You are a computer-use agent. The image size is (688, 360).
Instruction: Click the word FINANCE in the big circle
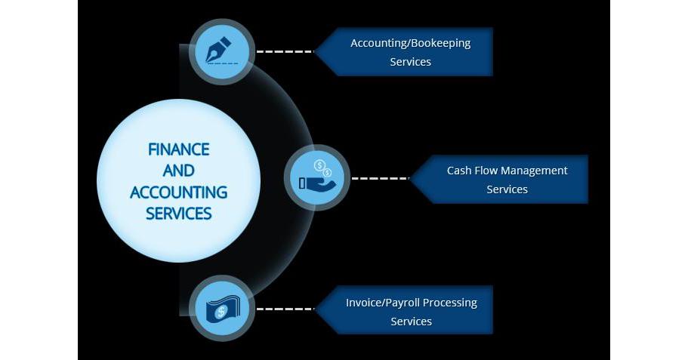[179, 149]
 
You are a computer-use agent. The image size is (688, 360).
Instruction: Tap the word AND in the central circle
[179, 171]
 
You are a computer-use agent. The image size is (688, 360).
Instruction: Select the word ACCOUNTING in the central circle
[179, 192]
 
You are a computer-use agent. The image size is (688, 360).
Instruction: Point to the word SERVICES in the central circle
[179, 213]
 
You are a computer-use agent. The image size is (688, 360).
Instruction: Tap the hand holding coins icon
[316, 178]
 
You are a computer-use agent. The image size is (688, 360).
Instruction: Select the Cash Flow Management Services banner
[501, 180]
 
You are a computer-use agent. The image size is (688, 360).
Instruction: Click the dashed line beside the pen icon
[285, 51]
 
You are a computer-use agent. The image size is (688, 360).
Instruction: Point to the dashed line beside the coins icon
[380, 179]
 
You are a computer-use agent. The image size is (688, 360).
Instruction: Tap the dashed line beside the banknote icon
[285, 309]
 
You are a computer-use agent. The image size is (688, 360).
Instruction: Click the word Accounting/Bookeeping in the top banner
[410, 43]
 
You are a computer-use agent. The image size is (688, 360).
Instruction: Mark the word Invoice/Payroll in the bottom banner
[382, 303]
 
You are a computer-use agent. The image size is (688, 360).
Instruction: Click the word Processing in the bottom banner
[450, 303]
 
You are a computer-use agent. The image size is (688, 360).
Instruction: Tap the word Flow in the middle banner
[488, 171]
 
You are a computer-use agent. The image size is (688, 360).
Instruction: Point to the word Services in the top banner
[410, 62]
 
